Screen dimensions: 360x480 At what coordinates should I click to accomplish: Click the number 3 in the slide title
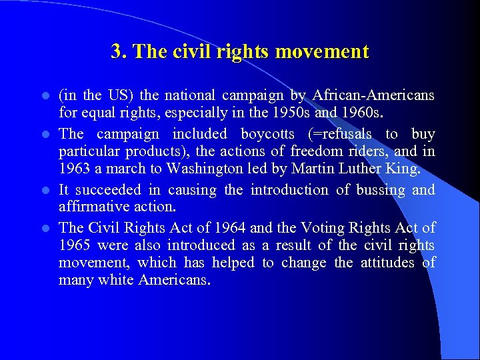pos(117,52)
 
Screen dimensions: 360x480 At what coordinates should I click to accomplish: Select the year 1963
pos(73,169)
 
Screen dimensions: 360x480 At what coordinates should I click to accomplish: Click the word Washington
pos(208,169)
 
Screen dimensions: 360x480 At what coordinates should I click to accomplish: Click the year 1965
pos(73,245)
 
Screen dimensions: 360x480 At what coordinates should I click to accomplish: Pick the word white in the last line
pos(116,281)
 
